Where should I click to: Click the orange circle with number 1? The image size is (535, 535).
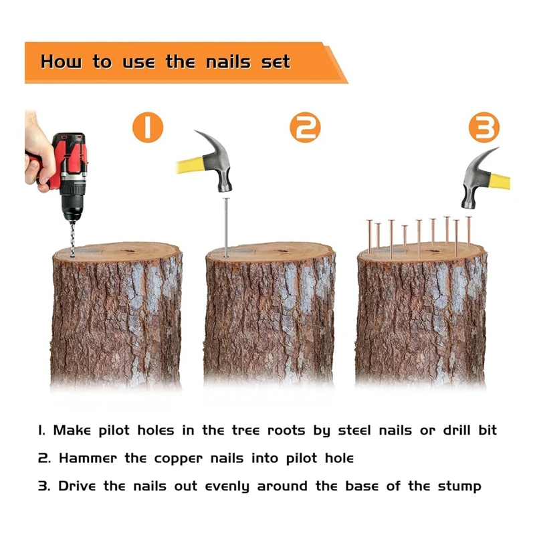coord(148,127)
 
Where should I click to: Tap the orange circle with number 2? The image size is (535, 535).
coord(305,127)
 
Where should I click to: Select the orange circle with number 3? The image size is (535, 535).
coord(484,127)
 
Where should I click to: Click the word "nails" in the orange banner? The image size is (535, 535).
coord(228,62)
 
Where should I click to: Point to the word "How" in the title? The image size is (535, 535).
coord(62,62)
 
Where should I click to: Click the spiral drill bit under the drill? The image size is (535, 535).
coord(72,239)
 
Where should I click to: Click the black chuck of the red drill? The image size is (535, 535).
coord(72,203)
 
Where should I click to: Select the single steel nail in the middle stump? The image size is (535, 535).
coord(226,227)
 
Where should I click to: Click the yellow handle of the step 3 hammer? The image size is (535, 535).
coord(500,181)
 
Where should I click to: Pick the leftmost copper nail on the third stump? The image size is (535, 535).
coord(370,236)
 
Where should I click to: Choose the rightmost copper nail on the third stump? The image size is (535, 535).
coord(469,231)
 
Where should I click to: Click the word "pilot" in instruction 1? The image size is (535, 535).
coord(114,431)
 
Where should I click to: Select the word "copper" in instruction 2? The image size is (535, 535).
coord(178,459)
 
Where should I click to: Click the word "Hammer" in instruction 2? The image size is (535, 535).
coord(88,458)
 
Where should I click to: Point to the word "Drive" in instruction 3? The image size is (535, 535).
coord(77,486)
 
